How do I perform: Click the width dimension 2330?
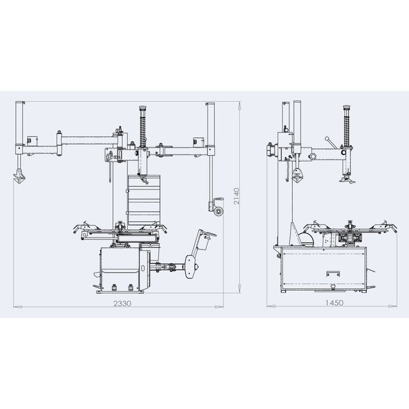pos(122,303)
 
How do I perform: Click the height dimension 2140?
pos(236,196)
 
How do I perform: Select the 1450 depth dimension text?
pos(334,303)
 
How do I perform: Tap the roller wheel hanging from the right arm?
pos(219,211)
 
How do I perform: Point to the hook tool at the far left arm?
pos(19,176)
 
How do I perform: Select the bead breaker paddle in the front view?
pos(192,267)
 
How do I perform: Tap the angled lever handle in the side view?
pos(330,142)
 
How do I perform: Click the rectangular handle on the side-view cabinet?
pos(333,273)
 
